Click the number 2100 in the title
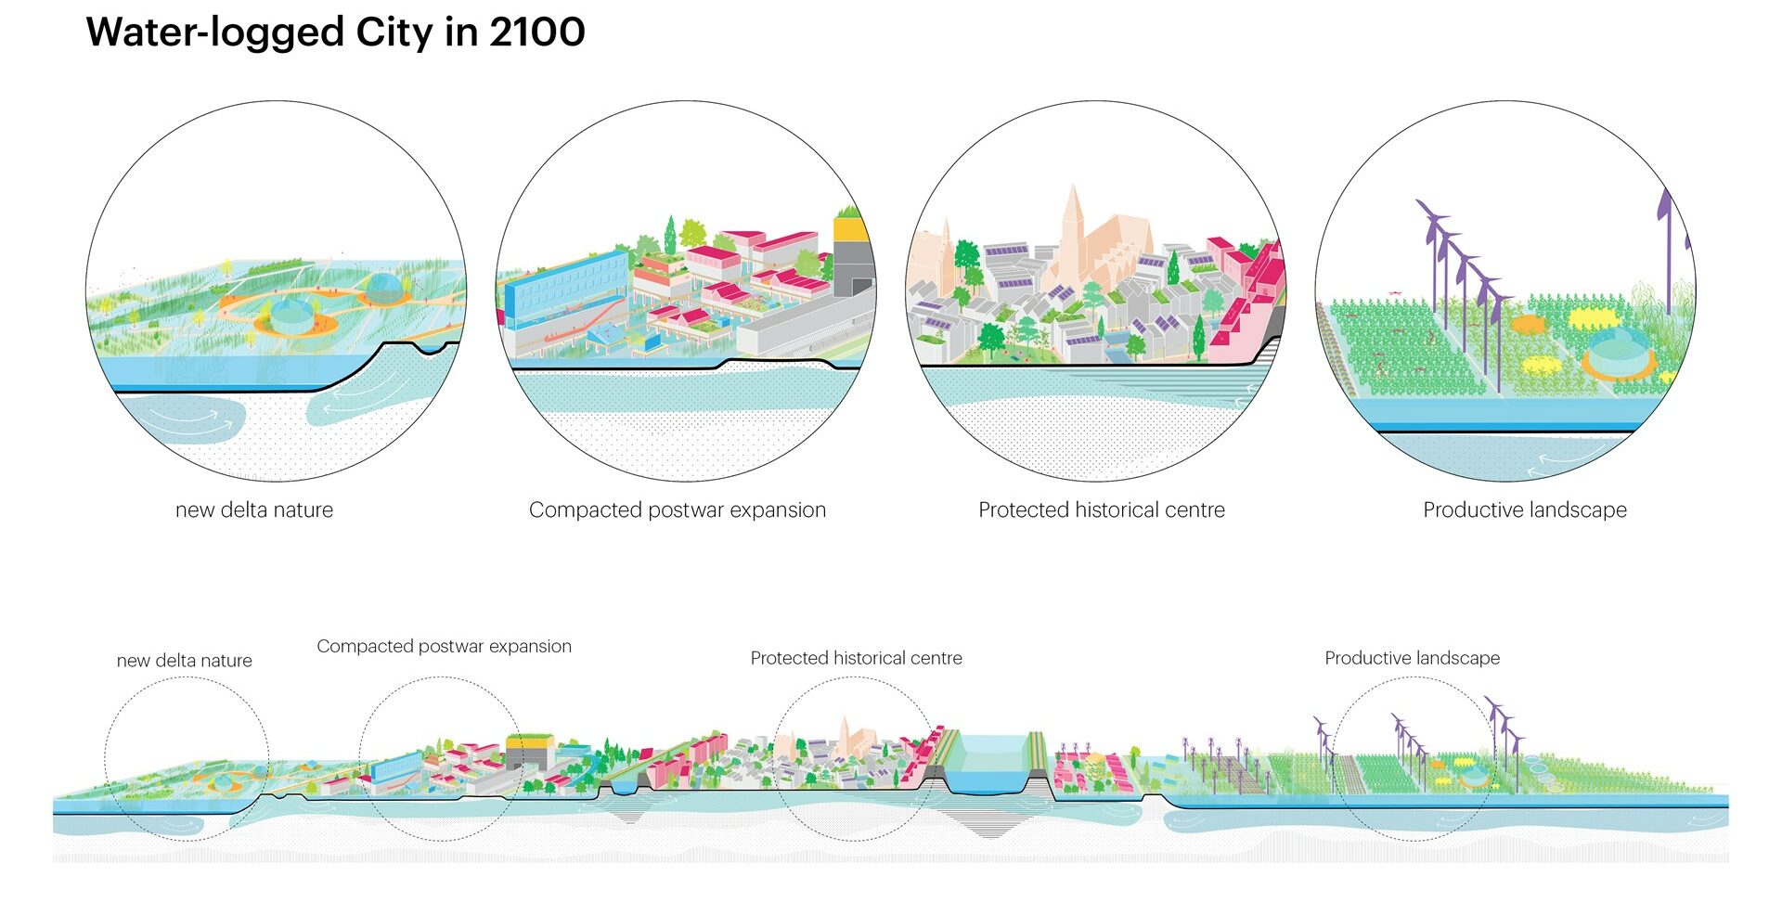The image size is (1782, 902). (536, 32)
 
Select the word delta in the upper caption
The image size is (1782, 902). (244, 509)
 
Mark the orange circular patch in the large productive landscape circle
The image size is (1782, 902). (1527, 325)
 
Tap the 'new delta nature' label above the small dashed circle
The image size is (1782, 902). (184, 661)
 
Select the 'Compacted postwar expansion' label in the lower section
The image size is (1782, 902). (444, 646)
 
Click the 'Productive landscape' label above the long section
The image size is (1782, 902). (1412, 658)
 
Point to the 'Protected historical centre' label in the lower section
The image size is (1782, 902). (856, 658)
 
